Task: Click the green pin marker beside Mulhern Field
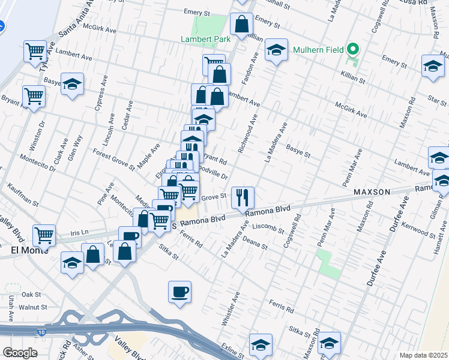point(354,49)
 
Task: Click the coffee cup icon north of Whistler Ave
point(179,292)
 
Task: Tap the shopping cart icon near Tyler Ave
point(35,50)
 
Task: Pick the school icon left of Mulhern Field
point(276,50)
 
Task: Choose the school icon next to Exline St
point(261,344)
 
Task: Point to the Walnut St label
point(33,307)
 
